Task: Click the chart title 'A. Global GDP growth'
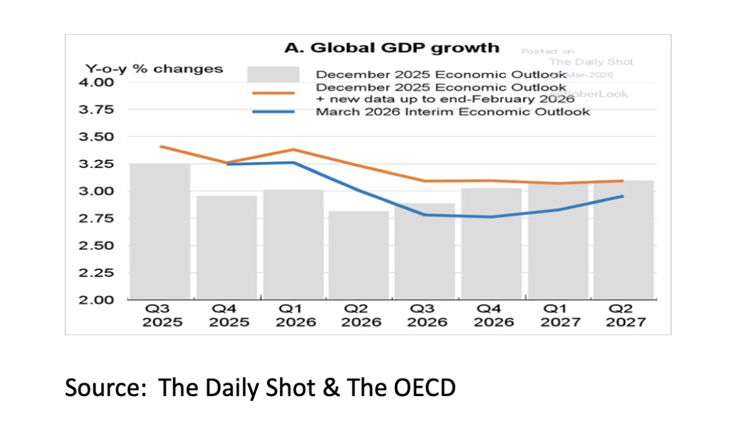click(392, 48)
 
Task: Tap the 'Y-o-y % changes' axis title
click(155, 69)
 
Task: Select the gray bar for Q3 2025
click(160, 232)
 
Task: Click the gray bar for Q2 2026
click(359, 255)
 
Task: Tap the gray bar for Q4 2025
click(226, 248)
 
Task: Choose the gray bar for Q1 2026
click(293, 245)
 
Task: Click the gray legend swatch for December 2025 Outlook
click(273, 74)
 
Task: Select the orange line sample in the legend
click(273, 93)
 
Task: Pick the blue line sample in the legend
click(273, 112)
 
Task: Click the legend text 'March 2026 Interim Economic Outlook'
click(452, 112)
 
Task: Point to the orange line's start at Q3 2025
click(161, 146)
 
